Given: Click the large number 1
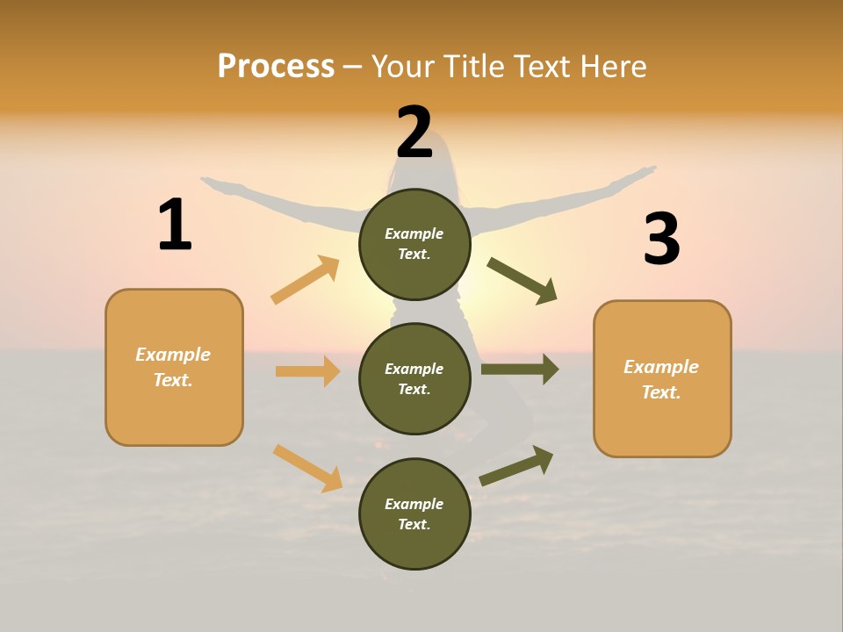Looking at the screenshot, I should click(x=175, y=226).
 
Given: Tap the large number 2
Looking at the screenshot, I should click(x=414, y=133).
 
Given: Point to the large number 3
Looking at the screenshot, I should click(x=661, y=239).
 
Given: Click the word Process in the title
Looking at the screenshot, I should click(x=276, y=66).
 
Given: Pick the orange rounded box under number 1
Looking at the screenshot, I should click(x=174, y=367).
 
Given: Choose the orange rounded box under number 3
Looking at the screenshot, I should click(x=662, y=378).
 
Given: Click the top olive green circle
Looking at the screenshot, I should click(x=414, y=244).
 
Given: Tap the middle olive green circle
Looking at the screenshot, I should click(x=414, y=378).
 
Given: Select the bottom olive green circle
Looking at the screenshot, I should click(x=414, y=513).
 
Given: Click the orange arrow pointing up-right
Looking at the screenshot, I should click(x=306, y=280).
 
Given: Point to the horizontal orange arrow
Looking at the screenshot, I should click(x=307, y=371).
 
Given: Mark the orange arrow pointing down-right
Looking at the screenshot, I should click(x=307, y=468).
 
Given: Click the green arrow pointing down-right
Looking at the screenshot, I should click(x=522, y=280).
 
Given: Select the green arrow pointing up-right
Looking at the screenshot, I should click(x=516, y=466).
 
